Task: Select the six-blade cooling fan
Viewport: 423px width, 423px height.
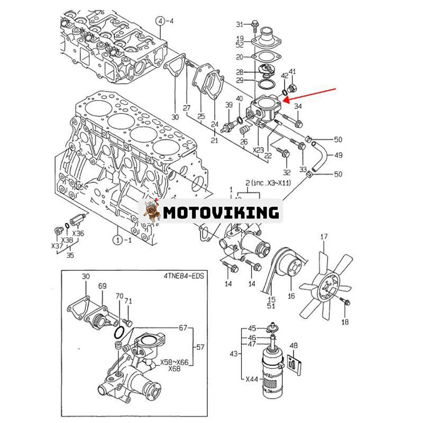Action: [x=325, y=286]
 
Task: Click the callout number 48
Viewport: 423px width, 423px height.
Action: [x=294, y=346]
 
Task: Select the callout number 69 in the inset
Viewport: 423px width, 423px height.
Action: [x=102, y=286]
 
